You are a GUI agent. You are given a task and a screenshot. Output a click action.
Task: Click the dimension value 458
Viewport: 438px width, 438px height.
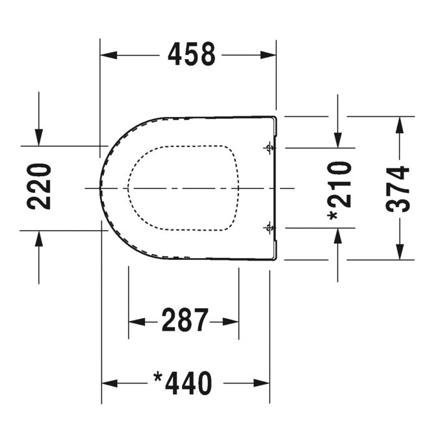point(191,55)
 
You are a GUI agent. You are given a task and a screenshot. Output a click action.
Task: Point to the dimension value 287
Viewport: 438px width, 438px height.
point(185,320)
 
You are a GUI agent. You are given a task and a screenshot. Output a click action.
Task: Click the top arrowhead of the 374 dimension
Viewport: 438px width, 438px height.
point(399,125)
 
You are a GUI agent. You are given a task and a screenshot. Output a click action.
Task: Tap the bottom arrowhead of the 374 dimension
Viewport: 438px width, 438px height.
point(399,251)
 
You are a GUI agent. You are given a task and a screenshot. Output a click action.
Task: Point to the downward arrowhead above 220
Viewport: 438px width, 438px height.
point(39,137)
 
